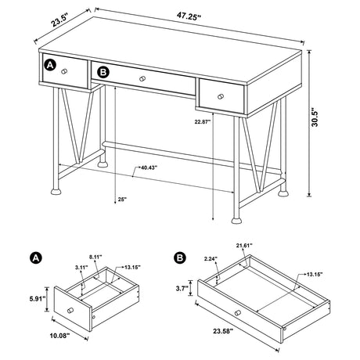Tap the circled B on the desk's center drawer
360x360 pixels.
[103, 73]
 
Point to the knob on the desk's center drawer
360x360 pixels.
[143, 78]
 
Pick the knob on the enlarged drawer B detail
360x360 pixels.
[235, 313]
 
